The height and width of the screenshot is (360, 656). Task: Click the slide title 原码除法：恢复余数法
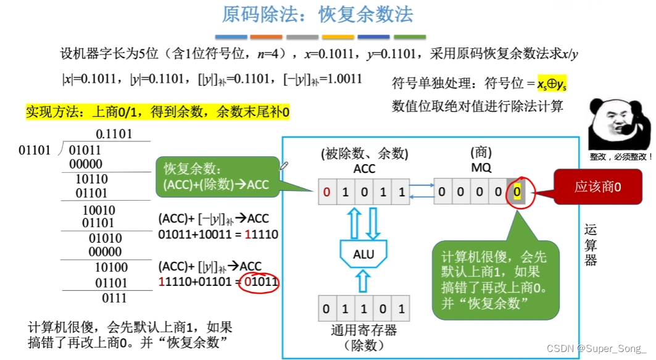(x=317, y=15)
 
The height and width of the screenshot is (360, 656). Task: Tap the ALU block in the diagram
(x=363, y=254)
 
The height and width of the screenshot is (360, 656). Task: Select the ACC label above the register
(x=364, y=168)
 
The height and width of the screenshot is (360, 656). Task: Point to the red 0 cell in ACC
(x=326, y=192)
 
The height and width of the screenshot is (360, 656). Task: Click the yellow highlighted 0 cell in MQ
(x=517, y=192)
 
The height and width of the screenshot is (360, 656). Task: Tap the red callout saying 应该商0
(x=597, y=186)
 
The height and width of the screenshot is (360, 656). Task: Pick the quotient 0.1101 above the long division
(x=114, y=134)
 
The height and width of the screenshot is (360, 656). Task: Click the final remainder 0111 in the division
(x=114, y=299)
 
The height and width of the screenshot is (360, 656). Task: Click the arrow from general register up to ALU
(x=363, y=283)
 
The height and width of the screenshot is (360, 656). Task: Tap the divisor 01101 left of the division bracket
(x=35, y=150)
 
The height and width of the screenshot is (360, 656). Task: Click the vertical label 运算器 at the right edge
(x=591, y=246)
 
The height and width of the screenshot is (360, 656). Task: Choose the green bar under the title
(x=410, y=38)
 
